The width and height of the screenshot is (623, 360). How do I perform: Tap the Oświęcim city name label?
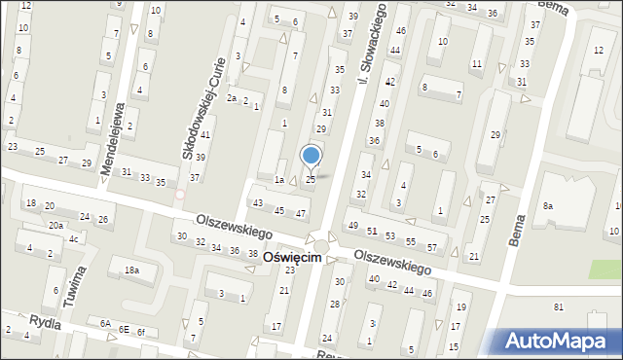(288, 258)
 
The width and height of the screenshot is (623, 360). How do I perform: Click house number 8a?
(548, 206)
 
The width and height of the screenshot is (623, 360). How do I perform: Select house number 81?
(559, 307)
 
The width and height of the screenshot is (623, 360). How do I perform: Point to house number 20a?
(56, 226)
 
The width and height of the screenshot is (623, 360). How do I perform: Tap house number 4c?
(73, 238)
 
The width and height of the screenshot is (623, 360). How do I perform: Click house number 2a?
(232, 98)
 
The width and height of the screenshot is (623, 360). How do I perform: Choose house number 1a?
(278, 180)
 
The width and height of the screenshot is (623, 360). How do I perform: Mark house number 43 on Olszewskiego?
(258, 203)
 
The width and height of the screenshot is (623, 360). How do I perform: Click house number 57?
(431, 248)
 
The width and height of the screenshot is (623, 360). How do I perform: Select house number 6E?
(124, 329)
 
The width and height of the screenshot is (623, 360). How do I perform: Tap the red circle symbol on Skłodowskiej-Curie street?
(180, 195)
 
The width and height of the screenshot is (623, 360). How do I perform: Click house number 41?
(204, 133)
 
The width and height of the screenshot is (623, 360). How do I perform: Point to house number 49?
(352, 226)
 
